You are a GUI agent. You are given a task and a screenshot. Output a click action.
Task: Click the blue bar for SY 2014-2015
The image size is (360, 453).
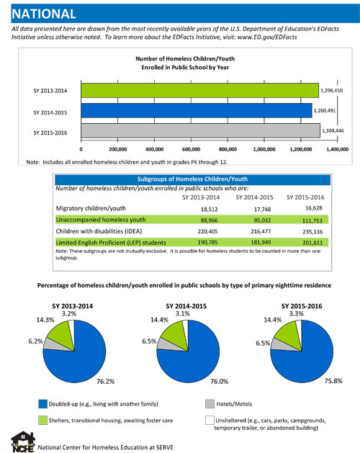[197, 111]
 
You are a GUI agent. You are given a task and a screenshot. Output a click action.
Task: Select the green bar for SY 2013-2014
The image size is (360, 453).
[199, 91]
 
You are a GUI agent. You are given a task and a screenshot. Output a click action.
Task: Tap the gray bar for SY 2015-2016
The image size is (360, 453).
[200, 130]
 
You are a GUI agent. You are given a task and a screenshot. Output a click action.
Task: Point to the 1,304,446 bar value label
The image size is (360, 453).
[333, 130]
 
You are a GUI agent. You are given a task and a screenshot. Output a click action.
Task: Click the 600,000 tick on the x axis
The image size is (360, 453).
[191, 149]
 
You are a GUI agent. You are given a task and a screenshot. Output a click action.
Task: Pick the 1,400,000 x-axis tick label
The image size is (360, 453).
[338, 149]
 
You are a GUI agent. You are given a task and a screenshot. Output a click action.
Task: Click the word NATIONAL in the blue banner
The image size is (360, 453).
[44, 14]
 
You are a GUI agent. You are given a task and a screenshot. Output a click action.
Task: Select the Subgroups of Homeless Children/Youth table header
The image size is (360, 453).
[192, 179]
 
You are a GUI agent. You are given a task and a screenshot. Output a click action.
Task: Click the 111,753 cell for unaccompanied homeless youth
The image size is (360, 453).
[312, 220]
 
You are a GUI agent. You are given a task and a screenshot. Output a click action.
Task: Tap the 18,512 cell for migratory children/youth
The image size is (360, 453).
[210, 209]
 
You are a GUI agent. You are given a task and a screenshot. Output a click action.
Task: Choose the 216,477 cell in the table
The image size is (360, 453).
[261, 231]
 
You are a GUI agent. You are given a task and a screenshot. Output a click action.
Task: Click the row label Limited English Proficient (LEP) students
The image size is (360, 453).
[111, 243]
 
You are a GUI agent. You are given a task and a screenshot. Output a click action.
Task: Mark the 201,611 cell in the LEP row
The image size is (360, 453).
[312, 243]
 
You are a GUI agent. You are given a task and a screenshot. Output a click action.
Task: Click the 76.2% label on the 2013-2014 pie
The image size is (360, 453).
[105, 382]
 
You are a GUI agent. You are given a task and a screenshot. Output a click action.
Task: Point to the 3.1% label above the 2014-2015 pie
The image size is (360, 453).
[183, 313]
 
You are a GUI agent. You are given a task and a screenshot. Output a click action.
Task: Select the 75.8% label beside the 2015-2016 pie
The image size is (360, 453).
[333, 381]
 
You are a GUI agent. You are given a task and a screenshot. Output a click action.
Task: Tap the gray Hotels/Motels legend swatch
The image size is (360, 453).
[210, 404]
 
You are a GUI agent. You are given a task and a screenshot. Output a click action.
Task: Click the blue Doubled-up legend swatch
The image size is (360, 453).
[42, 404]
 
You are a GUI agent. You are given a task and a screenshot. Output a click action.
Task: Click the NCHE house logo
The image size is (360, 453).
[23, 441]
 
